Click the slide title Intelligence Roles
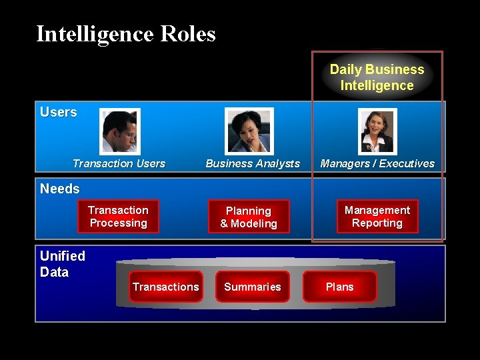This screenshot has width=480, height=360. pos(126,33)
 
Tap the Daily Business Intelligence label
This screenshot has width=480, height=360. pos(377,77)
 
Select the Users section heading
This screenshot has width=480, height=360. pos(59,113)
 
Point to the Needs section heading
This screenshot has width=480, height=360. pos(59,189)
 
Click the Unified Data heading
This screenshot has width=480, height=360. pos(63,264)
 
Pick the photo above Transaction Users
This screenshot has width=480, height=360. pos(120,131)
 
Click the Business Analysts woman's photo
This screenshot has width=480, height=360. pos(249,131)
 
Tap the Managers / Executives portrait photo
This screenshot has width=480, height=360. pos(377,131)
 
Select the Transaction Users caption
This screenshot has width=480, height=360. pos(119,163)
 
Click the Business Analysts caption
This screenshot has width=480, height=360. pos(253,163)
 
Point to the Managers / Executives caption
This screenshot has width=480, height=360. pos(377,163)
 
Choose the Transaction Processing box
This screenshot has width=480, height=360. pos(118,217)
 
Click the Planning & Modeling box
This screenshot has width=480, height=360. pos(249,217)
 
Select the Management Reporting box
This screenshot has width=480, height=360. pos(377,217)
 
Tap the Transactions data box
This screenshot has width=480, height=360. pos(165,287)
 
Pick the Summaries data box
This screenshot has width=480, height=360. pos(253,287)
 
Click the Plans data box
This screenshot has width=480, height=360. pos(339,287)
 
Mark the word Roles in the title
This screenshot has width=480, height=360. pos(187,33)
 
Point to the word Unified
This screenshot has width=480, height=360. pos(63,256)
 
